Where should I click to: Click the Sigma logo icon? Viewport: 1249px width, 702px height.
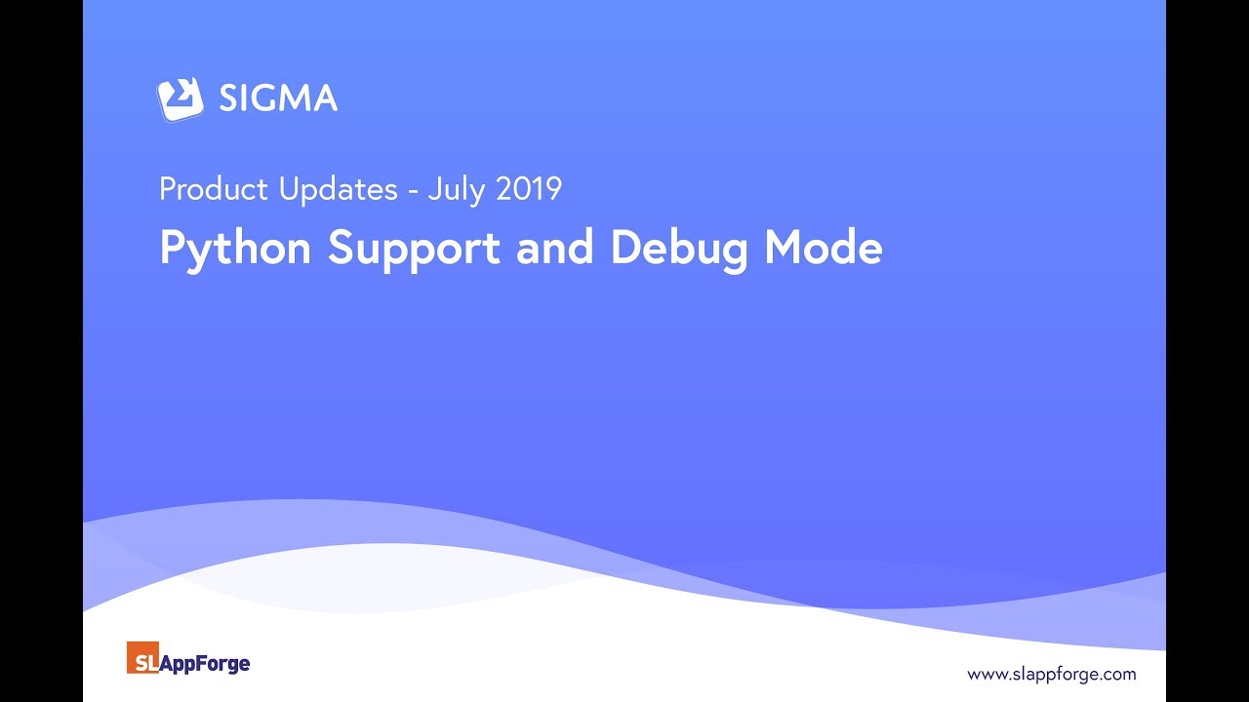pos(181,98)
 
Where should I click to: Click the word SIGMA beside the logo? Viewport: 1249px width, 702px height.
pos(278,98)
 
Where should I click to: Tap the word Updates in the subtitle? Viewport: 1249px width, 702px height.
pos(338,189)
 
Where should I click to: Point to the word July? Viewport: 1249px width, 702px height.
pos(457,189)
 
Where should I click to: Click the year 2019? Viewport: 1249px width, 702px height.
pos(528,189)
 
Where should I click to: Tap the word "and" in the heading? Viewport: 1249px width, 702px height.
pos(555,248)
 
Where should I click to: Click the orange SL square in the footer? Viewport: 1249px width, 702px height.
pos(142,658)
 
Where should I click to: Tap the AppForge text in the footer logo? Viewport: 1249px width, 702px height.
pos(205,664)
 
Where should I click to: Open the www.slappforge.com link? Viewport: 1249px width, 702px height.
pos(1051,674)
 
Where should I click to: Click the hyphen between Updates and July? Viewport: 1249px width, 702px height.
pos(413,191)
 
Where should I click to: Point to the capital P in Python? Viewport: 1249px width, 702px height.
pos(172,248)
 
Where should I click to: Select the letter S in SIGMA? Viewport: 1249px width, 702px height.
pos(229,98)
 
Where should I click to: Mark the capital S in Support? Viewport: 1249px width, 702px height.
pos(341,248)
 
